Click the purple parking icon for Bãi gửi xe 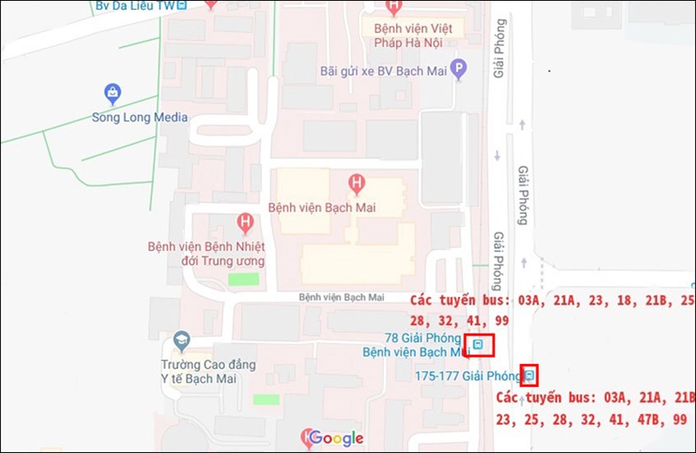(x=459, y=70)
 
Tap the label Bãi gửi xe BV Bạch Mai (x=383, y=71)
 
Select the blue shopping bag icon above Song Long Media (x=113, y=93)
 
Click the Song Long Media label (x=139, y=118)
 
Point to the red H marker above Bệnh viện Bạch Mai (x=356, y=182)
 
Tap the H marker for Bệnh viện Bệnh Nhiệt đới (x=245, y=222)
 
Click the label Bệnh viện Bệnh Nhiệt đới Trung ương (x=206, y=254)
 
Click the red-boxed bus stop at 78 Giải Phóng (x=478, y=345)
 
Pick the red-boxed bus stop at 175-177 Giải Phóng (x=530, y=376)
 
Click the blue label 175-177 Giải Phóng (x=468, y=376)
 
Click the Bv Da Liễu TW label (x=135, y=5)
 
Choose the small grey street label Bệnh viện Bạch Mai (x=341, y=297)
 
